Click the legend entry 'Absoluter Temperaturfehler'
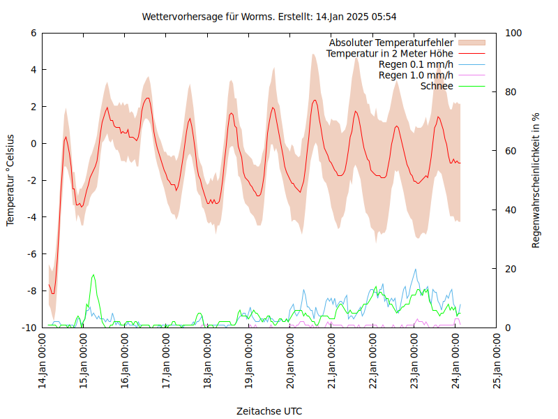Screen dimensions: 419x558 coord(391,43)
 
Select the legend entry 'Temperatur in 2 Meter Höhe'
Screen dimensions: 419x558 coord(390,53)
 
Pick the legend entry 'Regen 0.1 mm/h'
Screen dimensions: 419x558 coord(416,64)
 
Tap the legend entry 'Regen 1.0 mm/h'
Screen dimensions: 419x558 coord(416,75)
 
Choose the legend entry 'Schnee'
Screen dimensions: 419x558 coord(437,86)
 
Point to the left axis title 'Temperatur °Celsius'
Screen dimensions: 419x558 coord(10,180)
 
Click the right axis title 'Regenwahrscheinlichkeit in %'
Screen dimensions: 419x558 coord(536,180)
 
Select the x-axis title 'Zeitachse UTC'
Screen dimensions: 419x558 coord(269,411)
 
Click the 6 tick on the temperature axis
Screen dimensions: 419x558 coord(34,33)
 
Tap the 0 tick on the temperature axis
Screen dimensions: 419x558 coord(34,143)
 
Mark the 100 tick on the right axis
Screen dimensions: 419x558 coord(513,33)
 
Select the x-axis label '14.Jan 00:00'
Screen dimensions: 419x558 coord(43,360)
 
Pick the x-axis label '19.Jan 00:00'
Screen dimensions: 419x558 coord(250,360)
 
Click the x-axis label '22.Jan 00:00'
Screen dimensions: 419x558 coord(374,360)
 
